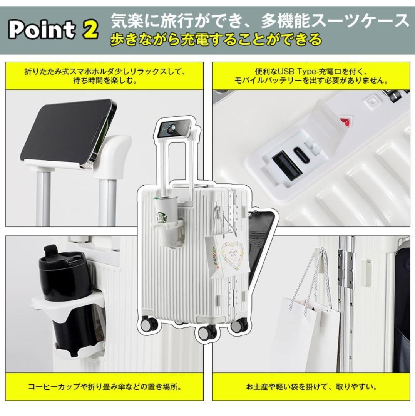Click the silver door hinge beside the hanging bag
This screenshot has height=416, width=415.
click(x=346, y=269)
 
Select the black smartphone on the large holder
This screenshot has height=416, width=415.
click(x=69, y=132)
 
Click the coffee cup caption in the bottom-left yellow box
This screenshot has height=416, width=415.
click(x=105, y=387)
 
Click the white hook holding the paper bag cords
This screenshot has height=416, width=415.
click(x=319, y=259)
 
